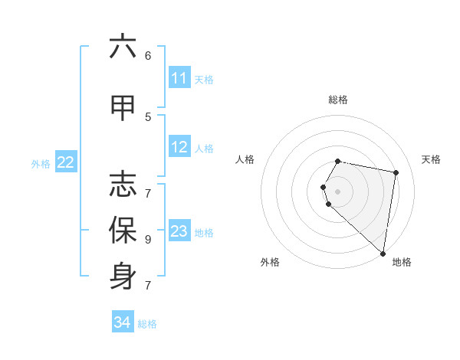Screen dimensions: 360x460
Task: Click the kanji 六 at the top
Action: (123, 47)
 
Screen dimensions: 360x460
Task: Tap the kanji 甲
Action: (123, 108)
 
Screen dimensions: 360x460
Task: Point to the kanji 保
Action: (123, 231)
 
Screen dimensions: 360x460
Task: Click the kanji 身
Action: (123, 277)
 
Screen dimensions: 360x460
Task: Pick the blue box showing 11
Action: (179, 78)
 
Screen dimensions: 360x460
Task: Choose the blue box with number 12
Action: (179, 147)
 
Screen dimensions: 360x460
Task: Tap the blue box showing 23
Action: (179, 231)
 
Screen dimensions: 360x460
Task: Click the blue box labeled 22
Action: (66, 162)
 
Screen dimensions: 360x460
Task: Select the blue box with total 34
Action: (123, 323)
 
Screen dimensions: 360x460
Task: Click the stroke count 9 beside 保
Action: (148, 239)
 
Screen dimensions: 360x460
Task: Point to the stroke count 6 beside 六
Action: (148, 55)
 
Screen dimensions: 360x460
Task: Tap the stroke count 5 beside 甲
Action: (148, 116)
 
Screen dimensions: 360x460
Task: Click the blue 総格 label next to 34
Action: (147, 324)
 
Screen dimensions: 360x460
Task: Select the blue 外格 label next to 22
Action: (41, 163)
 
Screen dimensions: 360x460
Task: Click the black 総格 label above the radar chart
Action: (338, 100)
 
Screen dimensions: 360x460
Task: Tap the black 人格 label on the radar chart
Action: (245, 159)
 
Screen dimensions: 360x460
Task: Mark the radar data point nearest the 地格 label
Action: (383, 253)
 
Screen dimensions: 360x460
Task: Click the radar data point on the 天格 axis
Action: (396, 172)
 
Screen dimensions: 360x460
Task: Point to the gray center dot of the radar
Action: (338, 191)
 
